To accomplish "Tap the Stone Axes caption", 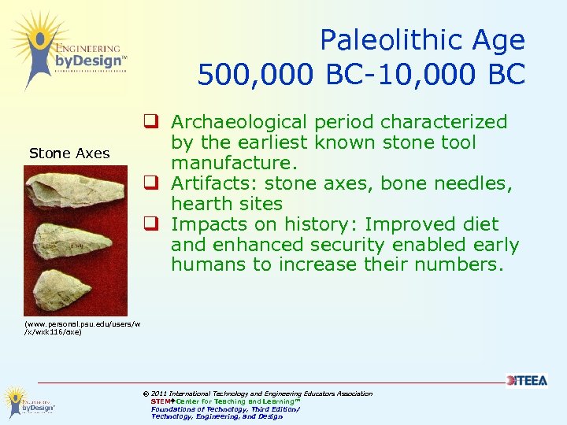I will pos(69,153).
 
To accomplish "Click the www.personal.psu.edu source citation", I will pos(71,327).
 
